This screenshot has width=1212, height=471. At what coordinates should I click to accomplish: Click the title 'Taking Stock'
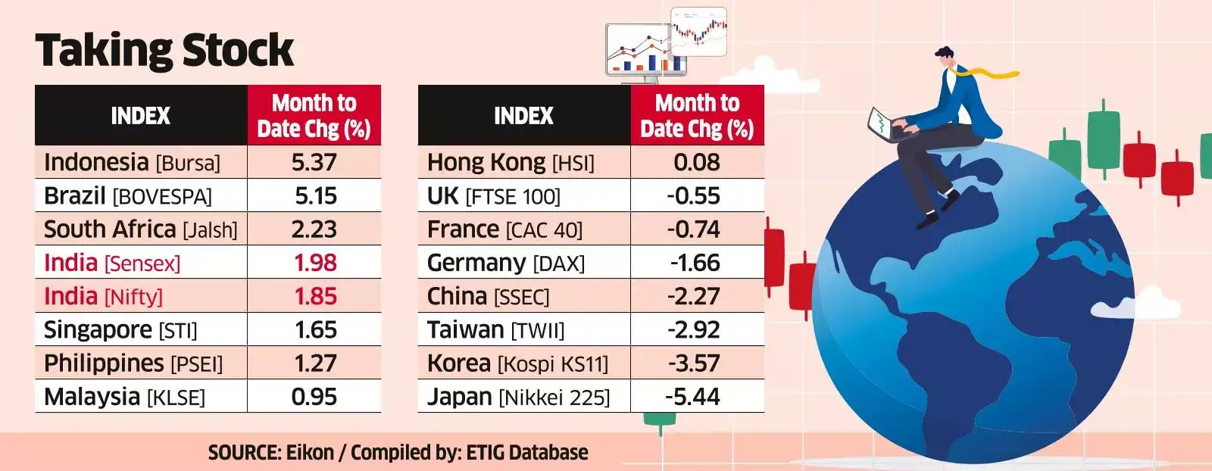point(164,51)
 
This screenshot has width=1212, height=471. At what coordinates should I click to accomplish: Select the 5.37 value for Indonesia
point(314,163)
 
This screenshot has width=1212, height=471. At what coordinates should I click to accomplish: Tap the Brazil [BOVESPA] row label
point(128,196)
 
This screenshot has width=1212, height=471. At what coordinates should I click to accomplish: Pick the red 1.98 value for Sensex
point(315,263)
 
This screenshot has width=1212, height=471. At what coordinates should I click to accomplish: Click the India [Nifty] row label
point(103,296)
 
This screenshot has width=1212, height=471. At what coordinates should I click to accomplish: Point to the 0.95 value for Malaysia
point(314,397)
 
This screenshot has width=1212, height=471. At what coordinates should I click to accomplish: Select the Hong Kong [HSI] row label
point(511,163)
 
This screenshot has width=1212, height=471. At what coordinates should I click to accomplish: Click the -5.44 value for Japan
point(693,397)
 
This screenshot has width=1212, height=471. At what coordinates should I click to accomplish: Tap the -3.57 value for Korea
point(694,363)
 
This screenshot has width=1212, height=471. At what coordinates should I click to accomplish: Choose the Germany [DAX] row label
point(506,263)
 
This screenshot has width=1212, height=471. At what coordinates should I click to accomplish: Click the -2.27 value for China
point(694,296)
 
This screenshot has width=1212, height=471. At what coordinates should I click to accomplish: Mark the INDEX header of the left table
point(141,116)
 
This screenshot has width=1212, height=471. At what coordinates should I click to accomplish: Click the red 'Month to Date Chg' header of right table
point(697,116)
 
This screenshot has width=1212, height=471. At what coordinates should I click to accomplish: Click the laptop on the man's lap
point(883,126)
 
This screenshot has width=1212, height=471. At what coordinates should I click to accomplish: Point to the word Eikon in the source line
point(310,453)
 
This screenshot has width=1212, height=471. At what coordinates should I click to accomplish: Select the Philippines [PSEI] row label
point(133,363)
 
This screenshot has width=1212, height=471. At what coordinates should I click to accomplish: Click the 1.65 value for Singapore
point(315,330)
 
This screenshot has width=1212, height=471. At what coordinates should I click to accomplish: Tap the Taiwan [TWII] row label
point(495,330)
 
